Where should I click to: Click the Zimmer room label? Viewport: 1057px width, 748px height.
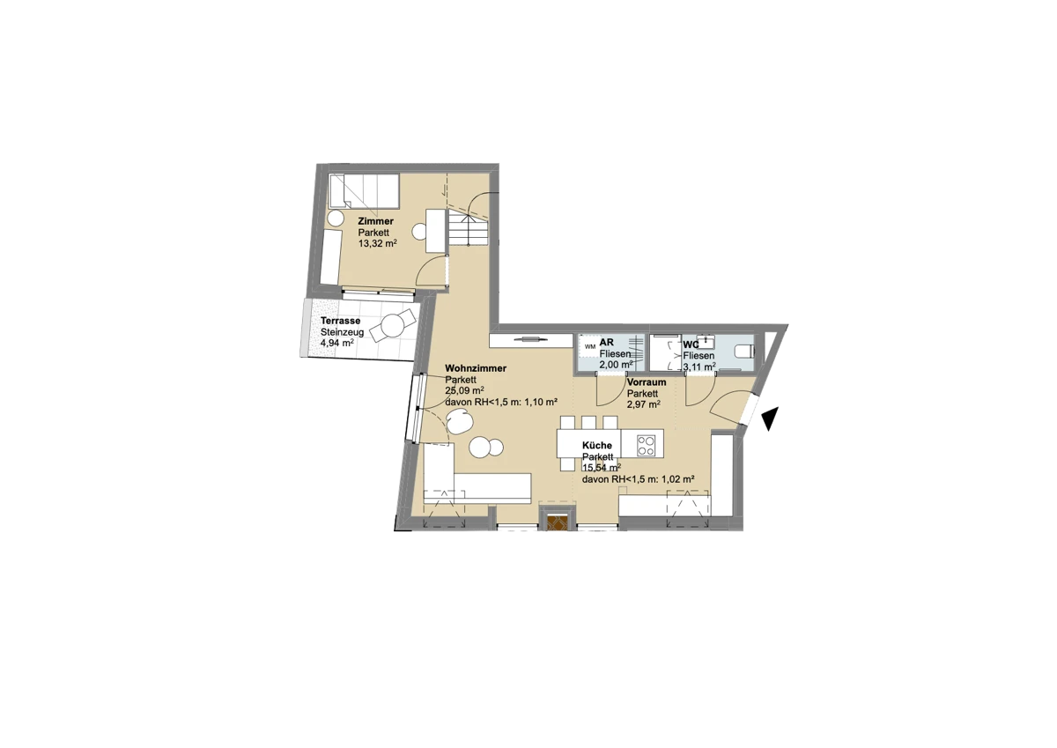click(x=375, y=221)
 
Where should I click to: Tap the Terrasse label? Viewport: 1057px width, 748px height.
click(x=341, y=321)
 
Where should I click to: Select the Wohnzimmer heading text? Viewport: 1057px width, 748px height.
click(x=476, y=368)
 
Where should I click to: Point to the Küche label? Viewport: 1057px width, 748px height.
click(x=597, y=446)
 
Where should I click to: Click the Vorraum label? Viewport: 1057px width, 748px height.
click(x=647, y=382)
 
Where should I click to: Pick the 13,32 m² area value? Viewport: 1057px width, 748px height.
click(x=378, y=244)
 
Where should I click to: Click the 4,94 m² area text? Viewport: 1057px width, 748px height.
click(x=337, y=343)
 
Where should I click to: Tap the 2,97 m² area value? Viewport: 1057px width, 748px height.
click(x=644, y=404)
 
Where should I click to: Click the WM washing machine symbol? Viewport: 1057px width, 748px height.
click(x=590, y=346)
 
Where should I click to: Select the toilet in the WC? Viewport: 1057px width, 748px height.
click(x=744, y=352)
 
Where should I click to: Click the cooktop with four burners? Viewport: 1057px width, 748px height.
click(x=646, y=446)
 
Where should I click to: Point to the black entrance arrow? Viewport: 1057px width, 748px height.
click(x=770, y=418)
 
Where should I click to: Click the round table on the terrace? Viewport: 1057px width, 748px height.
click(x=393, y=325)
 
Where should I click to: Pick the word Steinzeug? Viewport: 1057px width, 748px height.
click(x=342, y=332)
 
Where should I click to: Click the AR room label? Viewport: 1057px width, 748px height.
click(x=606, y=342)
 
